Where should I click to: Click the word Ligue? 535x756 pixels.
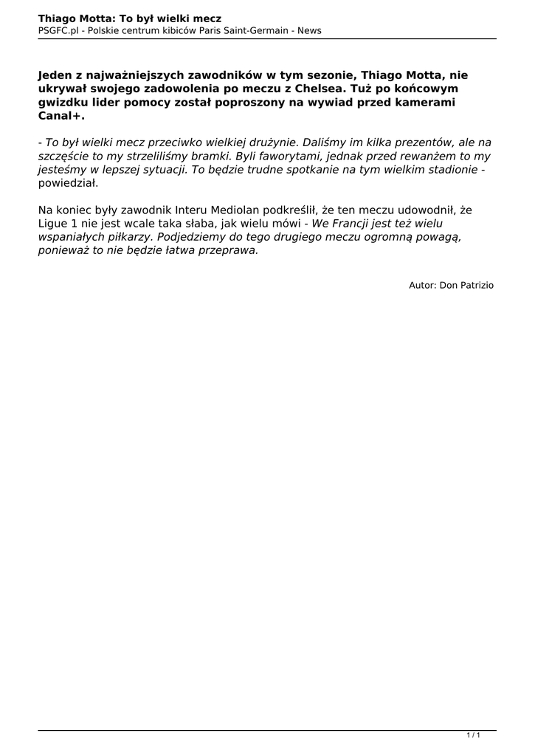tap(53, 223)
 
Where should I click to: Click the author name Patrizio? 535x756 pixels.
tap(477, 284)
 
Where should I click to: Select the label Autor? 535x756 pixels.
tap(423, 284)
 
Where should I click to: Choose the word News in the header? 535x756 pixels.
tap(309, 30)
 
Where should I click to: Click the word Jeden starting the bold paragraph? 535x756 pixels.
tap(58, 75)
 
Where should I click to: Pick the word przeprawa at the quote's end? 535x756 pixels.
tap(227, 250)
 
